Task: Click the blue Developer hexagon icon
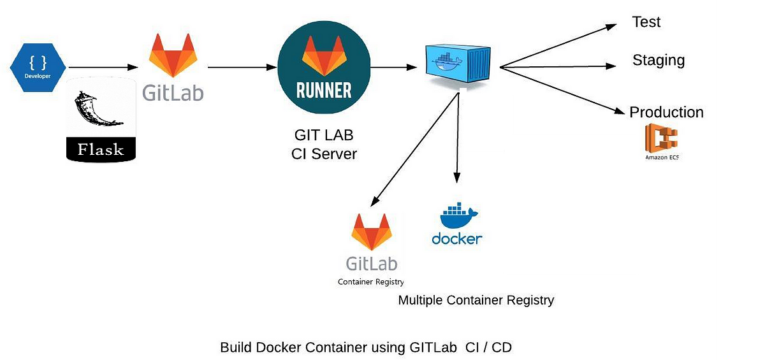[x=38, y=68]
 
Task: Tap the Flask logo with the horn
[x=101, y=119]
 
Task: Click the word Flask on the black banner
[x=101, y=150]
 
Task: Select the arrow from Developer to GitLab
[x=103, y=68]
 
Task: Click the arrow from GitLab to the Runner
[x=242, y=68]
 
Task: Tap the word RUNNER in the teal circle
[x=324, y=90]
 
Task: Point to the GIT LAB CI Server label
[x=324, y=145]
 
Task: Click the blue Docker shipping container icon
[x=458, y=64]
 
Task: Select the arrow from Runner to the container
[x=393, y=68]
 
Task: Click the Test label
[x=646, y=22]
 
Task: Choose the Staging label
[x=659, y=61]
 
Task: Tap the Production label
[x=666, y=112]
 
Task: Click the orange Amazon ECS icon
[x=661, y=138]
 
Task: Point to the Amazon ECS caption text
[x=662, y=157]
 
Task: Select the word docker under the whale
[x=457, y=238]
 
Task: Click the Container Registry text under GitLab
[x=371, y=282]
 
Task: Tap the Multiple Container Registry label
[x=476, y=300]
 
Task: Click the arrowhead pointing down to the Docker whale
[x=457, y=177]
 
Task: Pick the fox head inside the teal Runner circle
[x=324, y=55]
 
